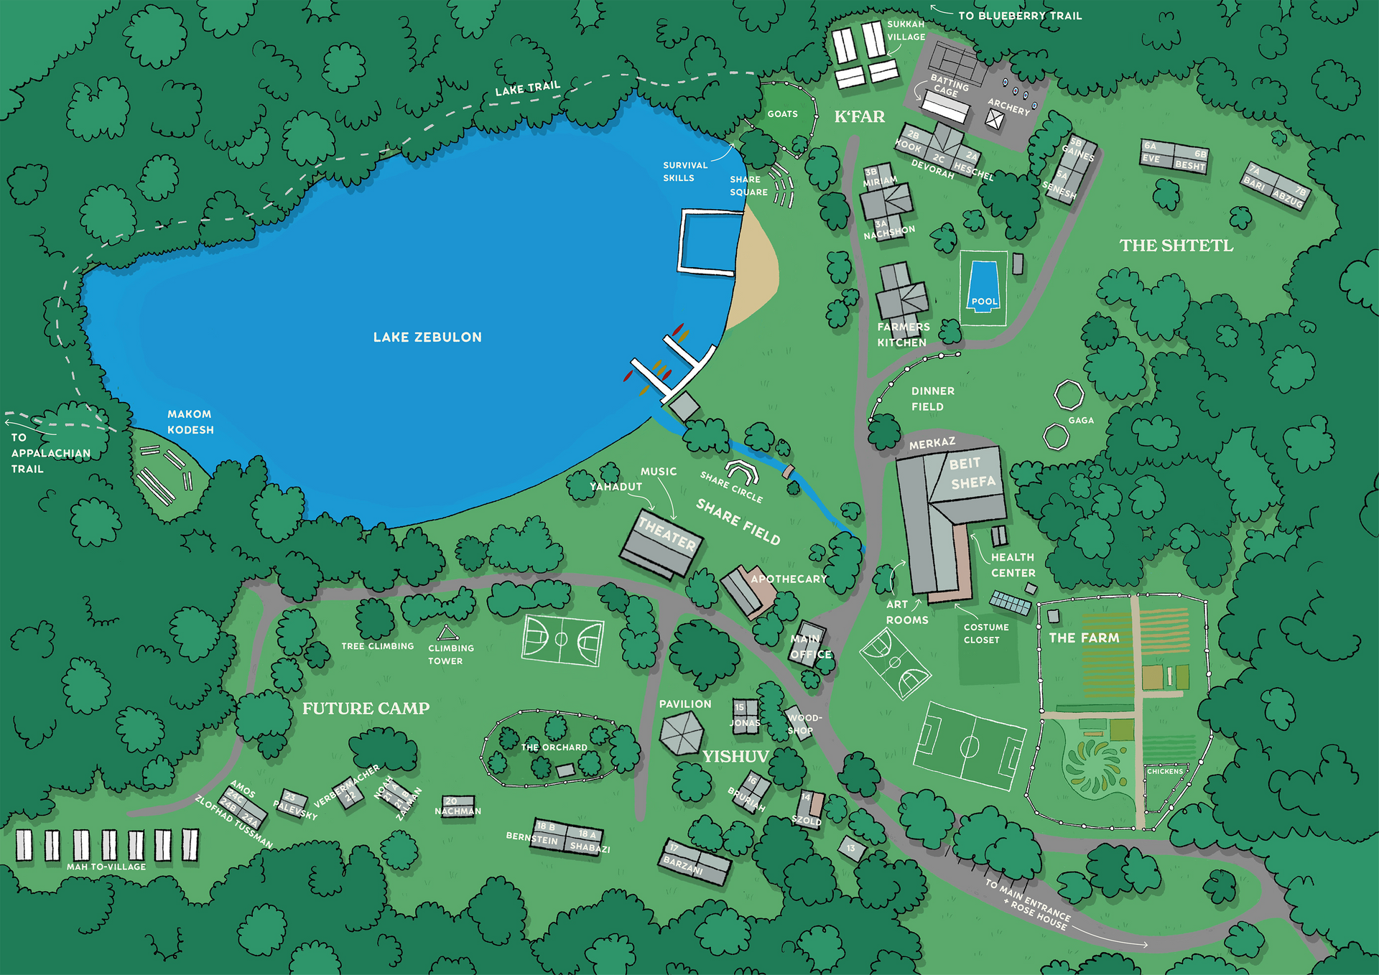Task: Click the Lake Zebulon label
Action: (427, 337)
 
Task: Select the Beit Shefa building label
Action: (971, 473)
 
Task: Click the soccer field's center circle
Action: (970, 747)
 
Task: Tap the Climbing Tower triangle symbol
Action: (447, 633)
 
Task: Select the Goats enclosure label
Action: (782, 114)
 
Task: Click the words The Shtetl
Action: (1176, 246)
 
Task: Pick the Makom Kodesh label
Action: (190, 422)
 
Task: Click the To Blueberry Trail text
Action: (1019, 16)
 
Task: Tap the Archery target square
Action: (994, 120)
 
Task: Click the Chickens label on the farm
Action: (1164, 771)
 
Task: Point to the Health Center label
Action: (1013, 565)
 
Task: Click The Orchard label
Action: (554, 747)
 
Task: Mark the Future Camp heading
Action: (366, 709)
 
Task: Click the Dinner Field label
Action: (932, 398)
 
